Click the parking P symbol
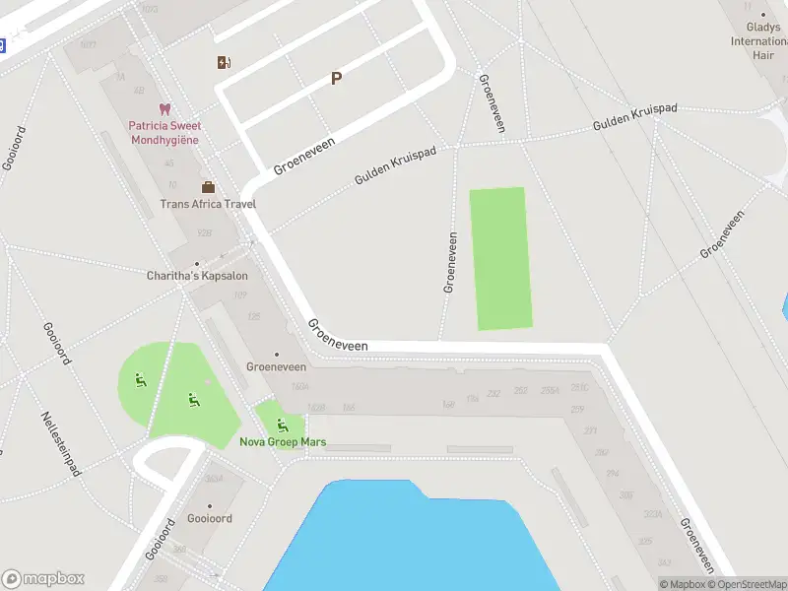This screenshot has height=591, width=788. point(336,79)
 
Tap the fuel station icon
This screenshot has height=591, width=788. point(225,63)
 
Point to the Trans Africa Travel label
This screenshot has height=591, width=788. point(208,204)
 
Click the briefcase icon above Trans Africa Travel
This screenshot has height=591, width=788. point(208,186)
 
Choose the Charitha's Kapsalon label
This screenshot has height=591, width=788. point(197,276)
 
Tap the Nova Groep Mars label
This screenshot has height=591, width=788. point(283,441)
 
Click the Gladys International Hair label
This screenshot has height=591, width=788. point(758,41)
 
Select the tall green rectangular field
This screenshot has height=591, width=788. point(500,258)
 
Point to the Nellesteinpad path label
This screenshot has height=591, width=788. point(60,443)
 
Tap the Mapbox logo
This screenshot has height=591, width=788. point(43,579)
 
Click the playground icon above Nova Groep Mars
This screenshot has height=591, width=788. point(283,426)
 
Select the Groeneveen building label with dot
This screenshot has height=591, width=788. point(276,366)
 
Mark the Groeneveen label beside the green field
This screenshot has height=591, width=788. point(450,262)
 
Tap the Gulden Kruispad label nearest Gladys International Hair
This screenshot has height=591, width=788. point(635,118)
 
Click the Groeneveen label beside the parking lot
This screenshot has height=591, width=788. point(304,156)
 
